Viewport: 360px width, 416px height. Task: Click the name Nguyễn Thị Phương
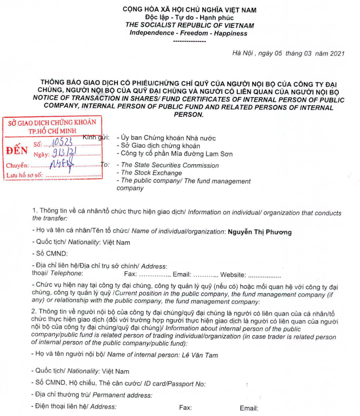(x=259, y=232)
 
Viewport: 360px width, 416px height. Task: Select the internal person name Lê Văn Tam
(x=200, y=355)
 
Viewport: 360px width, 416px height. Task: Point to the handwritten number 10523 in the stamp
(x=63, y=141)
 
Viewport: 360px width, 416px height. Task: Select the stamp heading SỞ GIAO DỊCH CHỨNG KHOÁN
(x=52, y=123)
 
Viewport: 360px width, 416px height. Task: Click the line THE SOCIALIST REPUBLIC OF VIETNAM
(x=189, y=26)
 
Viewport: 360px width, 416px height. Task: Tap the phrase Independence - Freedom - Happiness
(x=188, y=33)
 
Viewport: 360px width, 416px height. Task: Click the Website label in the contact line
(x=233, y=275)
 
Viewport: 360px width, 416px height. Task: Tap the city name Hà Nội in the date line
(x=243, y=54)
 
